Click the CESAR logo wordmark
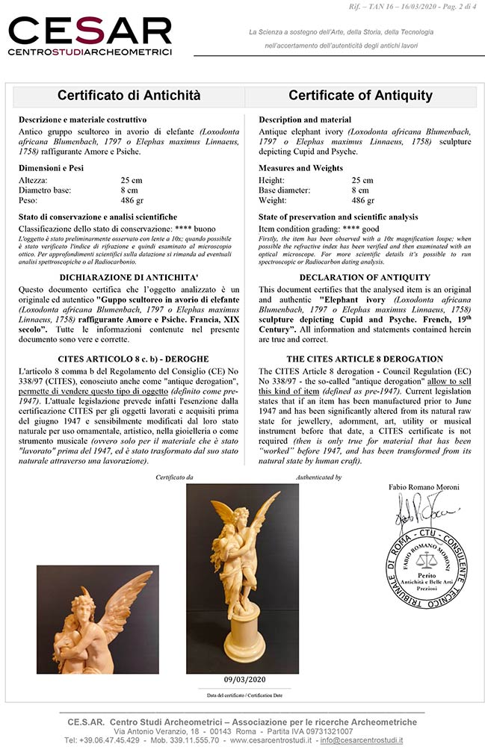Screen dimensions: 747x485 tap(90, 31)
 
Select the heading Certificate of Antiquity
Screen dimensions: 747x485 tap(360, 96)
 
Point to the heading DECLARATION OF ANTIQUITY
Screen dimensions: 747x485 tap(359, 277)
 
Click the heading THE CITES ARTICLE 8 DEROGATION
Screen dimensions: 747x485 tap(360, 359)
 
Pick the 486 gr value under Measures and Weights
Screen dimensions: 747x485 tap(363, 200)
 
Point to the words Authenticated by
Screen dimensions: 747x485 tap(318, 477)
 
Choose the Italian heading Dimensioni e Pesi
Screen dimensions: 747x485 tap(51, 168)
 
